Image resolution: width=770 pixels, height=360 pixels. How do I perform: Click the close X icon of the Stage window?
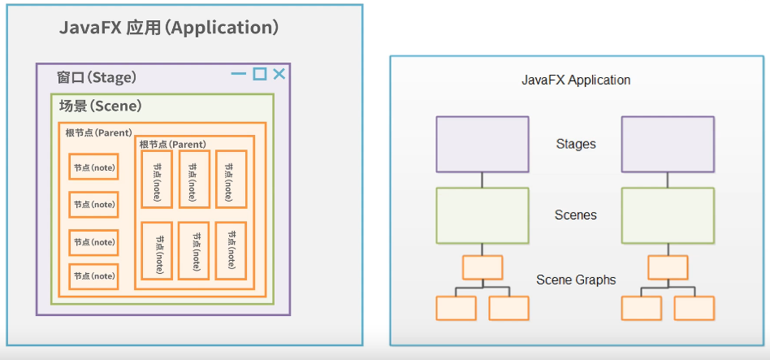coord(279,74)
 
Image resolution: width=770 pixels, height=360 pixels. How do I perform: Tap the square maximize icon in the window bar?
coord(259,74)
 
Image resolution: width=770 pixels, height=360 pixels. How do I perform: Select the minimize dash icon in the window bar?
coord(239,74)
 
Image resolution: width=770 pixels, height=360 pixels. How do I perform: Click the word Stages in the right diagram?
coord(576,144)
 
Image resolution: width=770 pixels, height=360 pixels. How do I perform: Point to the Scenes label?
coord(576,215)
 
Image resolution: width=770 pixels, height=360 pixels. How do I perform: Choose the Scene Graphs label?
coord(576,280)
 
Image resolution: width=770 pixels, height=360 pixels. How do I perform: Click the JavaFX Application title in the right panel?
coord(576,80)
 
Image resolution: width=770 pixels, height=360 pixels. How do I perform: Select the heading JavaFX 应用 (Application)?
coord(170,28)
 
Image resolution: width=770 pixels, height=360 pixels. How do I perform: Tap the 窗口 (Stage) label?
coord(97,78)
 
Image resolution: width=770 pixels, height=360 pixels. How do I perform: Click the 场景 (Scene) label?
coord(101,106)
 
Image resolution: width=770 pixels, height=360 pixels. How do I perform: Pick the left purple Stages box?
coord(482,144)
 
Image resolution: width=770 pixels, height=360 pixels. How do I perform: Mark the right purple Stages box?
coord(668,144)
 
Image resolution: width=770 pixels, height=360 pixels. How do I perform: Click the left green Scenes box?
coord(482,215)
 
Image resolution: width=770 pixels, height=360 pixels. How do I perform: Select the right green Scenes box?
coord(668,215)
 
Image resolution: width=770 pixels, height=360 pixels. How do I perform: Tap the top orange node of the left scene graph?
coord(482,267)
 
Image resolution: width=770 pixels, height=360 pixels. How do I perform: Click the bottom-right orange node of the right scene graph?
coord(694,308)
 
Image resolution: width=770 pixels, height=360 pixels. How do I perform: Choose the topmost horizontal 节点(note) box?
coord(93,167)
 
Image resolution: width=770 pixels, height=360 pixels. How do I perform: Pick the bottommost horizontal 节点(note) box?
coord(93,276)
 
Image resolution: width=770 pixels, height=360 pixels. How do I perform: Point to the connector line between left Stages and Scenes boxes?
coord(482,180)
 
